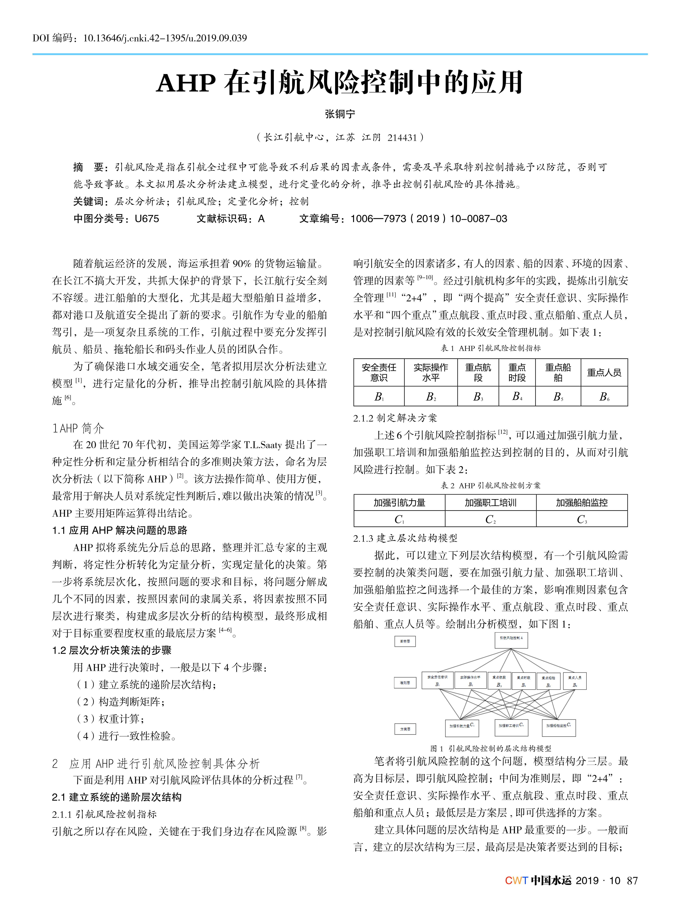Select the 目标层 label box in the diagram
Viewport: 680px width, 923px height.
point(405,641)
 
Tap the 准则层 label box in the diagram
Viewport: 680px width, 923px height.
point(405,682)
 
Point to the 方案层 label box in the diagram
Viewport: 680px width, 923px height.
point(405,729)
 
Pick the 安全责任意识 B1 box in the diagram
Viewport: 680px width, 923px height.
point(437,681)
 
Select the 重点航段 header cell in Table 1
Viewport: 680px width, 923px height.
point(478,372)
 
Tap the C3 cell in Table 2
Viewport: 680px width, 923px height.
point(582,519)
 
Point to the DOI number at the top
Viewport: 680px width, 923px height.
point(165,38)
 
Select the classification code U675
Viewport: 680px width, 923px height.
point(147,219)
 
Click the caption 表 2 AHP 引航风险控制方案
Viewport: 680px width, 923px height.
point(491,485)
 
